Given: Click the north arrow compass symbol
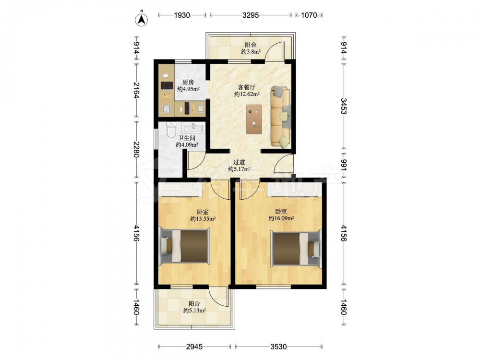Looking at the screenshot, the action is pyautogui.click(x=142, y=20).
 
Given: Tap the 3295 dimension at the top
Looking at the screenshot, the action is pyautogui.click(x=251, y=15).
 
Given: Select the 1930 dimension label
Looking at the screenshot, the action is pyautogui.click(x=182, y=15).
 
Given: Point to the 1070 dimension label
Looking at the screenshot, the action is pyautogui.click(x=309, y=15).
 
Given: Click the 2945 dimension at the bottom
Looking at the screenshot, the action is pyautogui.click(x=194, y=347).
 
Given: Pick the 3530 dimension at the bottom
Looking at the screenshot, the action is pyautogui.click(x=278, y=347).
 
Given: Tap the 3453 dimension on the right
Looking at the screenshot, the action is pyautogui.click(x=344, y=106).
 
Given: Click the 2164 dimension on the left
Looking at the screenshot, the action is pyautogui.click(x=136, y=90).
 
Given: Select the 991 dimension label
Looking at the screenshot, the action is pyautogui.click(x=344, y=165).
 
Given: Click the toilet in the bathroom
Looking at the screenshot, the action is pyautogui.click(x=171, y=129).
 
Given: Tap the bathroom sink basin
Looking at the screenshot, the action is pyautogui.click(x=193, y=127).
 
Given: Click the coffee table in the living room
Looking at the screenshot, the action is pyautogui.click(x=254, y=119).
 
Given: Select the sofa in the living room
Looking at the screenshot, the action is pyautogui.click(x=281, y=117).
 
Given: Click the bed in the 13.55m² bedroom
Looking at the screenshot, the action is pyautogui.click(x=185, y=246).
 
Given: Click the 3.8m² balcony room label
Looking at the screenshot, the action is pyautogui.click(x=251, y=48).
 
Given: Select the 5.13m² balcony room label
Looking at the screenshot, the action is pyautogui.click(x=194, y=307).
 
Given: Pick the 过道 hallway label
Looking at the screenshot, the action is pyautogui.click(x=239, y=162).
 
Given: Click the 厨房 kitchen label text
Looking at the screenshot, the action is pyautogui.click(x=188, y=83).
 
